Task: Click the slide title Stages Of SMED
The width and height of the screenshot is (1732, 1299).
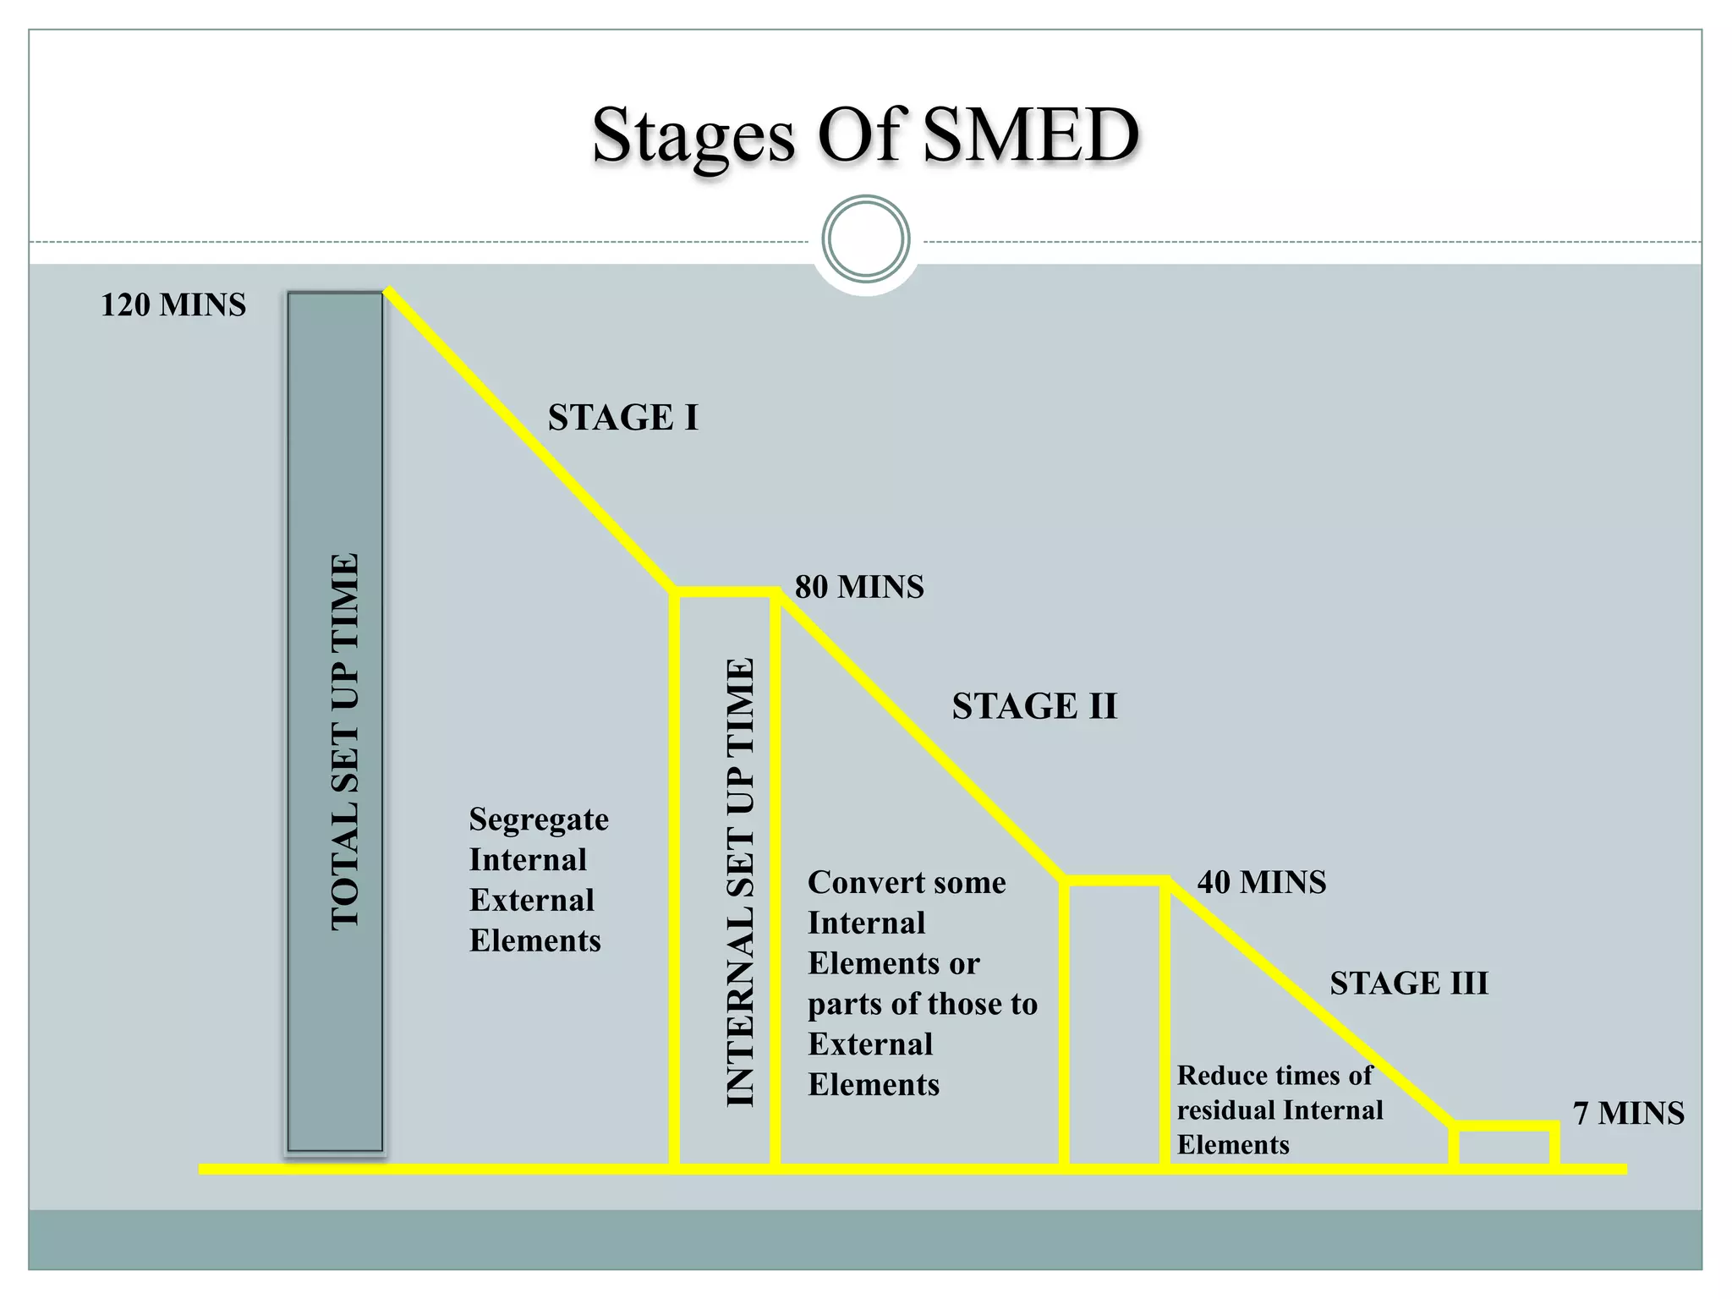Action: coord(865,135)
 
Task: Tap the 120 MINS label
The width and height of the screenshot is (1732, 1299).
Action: coord(173,305)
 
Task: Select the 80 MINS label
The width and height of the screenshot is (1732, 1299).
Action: coord(859,587)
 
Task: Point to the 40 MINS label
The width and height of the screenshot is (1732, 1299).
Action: coord(1262,883)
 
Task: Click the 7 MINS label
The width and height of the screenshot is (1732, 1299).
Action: coord(1628,1114)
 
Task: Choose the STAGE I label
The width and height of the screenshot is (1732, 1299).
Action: coord(623,418)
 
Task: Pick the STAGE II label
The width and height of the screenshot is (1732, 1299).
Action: coord(1034,706)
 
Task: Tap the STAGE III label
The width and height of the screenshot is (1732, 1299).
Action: coord(1409,984)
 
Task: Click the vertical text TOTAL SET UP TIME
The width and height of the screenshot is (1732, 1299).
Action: coord(345,743)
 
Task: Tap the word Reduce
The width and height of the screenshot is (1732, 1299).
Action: coord(1219,1076)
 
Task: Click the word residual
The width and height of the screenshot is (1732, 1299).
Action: coord(1225,1110)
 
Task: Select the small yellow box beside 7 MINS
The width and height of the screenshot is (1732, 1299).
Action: coord(1505,1147)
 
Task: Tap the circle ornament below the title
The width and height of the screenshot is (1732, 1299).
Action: coord(866,239)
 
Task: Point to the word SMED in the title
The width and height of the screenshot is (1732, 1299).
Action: coord(1031,135)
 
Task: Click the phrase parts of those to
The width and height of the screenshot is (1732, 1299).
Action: coord(923,1005)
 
